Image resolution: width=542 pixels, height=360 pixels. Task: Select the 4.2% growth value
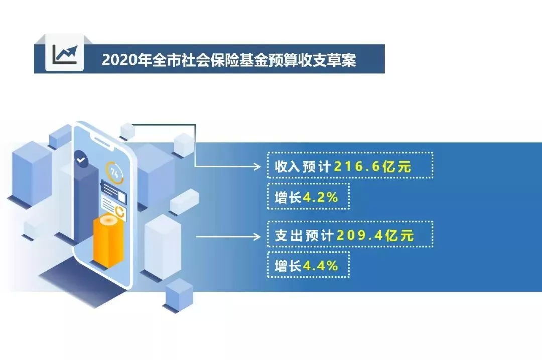pyautogui.click(x=320, y=197)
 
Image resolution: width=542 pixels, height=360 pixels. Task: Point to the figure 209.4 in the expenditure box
pyautogui.click(x=359, y=235)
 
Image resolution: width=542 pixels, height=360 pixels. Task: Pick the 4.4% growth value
pyautogui.click(x=320, y=266)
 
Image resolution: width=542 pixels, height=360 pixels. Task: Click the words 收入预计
pyautogui.click(x=303, y=167)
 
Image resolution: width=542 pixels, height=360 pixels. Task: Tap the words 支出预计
pyautogui.click(x=304, y=235)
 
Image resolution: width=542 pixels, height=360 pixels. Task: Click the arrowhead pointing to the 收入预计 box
pyautogui.click(x=257, y=167)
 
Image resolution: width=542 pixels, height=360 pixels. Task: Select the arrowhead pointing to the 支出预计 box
pyautogui.click(x=257, y=237)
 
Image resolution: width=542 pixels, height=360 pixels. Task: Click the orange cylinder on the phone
pyautogui.click(x=108, y=240)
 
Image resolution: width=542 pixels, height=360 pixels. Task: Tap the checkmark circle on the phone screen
pyautogui.click(x=81, y=159)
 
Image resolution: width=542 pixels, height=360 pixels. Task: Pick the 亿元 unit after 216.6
pyautogui.click(x=396, y=167)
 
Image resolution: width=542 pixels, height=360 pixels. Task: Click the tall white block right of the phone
pyautogui.click(x=163, y=246)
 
